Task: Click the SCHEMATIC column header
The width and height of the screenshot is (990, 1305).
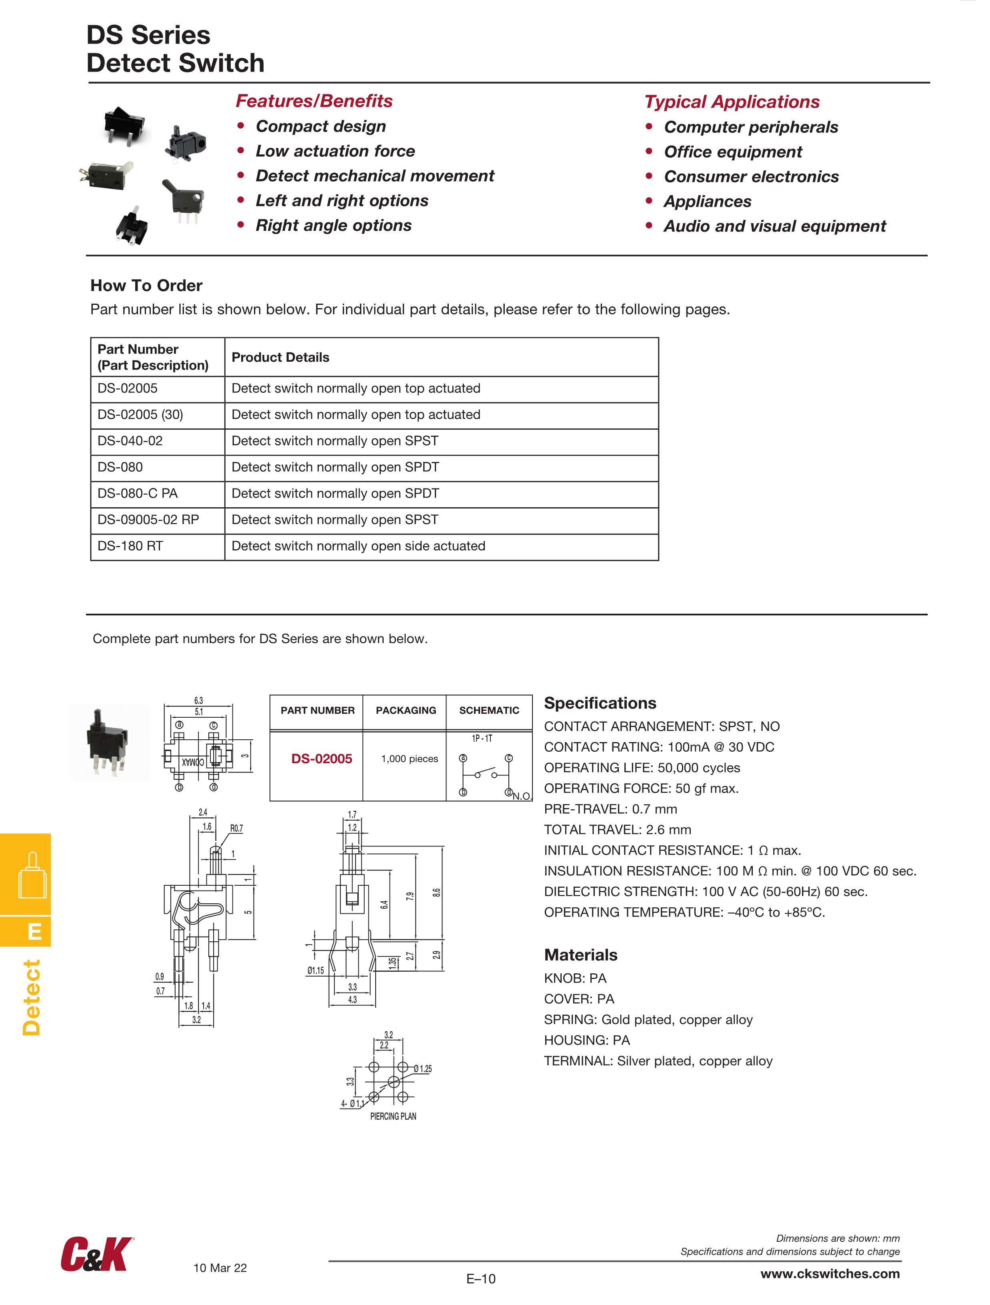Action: click(489, 711)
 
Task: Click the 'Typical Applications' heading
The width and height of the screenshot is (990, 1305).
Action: click(732, 102)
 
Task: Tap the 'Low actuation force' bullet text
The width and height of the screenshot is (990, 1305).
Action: click(335, 151)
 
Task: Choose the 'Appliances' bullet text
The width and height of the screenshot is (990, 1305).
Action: click(707, 201)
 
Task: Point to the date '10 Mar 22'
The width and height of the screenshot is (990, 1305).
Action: click(220, 1268)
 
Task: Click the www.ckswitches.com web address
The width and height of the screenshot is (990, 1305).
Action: click(830, 1274)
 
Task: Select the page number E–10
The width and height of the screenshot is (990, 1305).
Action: click(481, 1279)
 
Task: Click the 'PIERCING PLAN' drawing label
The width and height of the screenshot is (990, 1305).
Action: click(393, 1116)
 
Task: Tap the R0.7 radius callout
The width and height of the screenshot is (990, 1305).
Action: click(236, 828)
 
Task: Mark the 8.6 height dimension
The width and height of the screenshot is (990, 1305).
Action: click(436, 893)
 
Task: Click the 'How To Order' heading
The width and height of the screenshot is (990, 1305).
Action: click(146, 286)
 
